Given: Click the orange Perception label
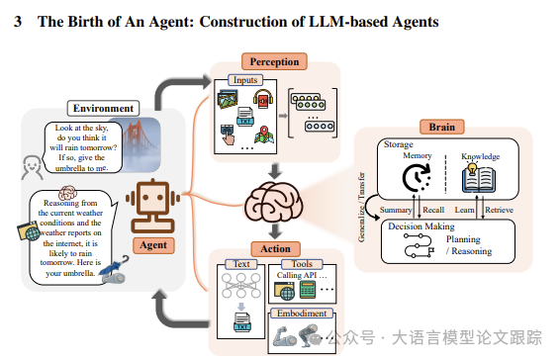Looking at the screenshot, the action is (274, 61).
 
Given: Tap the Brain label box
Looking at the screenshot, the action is (442, 127).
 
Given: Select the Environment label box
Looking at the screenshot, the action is (103, 108).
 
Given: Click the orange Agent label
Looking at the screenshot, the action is (153, 245).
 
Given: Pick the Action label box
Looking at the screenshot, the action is (275, 249).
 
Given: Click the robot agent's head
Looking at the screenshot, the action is (152, 197).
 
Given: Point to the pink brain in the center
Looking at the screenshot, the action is (274, 202).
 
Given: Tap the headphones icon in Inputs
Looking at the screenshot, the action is (263, 99).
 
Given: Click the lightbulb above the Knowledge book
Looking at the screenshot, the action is (473, 168).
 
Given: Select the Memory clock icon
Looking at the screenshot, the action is (417, 178).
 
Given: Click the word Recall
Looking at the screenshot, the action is (433, 210).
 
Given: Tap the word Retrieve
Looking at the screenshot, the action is (499, 210).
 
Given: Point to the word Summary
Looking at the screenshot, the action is (396, 210).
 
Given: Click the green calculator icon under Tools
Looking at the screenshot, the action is (308, 290).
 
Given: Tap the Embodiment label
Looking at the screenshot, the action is (302, 314).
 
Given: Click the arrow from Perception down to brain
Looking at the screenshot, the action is (275, 171).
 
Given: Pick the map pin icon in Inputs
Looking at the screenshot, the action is (264, 135).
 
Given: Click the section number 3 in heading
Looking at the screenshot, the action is (18, 22).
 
